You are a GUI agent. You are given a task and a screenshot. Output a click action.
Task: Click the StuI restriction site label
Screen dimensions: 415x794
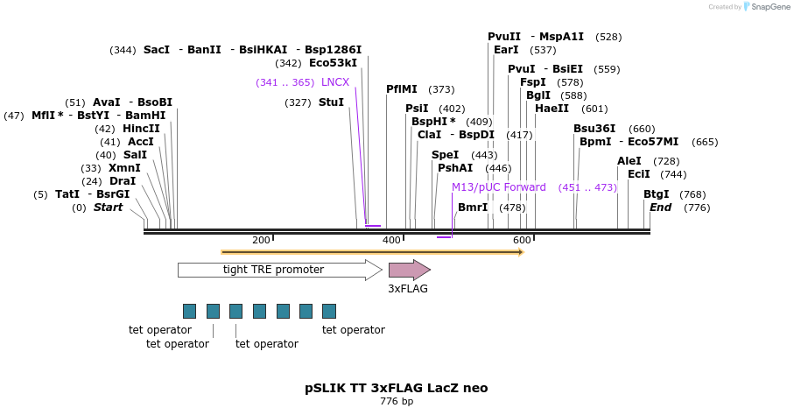click(x=331, y=102)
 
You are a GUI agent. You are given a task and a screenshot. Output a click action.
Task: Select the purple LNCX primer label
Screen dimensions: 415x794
click(x=334, y=82)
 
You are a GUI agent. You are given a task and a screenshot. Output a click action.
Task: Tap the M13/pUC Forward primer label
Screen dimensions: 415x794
click(x=498, y=187)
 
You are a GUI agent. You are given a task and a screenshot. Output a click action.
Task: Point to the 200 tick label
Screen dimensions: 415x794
click(x=261, y=240)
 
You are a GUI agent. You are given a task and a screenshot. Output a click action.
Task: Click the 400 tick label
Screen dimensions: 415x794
click(x=391, y=240)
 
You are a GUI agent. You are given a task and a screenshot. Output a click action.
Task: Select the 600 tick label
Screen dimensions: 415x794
click(x=522, y=240)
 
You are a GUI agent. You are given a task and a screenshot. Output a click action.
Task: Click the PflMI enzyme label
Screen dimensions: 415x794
click(x=402, y=89)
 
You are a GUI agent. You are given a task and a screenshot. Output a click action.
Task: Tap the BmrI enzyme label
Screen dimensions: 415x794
click(x=473, y=207)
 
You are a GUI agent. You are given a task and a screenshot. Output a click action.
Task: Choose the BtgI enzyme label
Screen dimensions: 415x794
click(x=656, y=194)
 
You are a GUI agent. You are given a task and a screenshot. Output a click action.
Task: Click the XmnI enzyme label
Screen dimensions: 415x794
click(x=124, y=168)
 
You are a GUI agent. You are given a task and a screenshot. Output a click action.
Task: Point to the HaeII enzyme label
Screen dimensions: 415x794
click(x=552, y=109)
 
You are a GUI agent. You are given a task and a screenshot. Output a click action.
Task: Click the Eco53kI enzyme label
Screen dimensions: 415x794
click(x=333, y=63)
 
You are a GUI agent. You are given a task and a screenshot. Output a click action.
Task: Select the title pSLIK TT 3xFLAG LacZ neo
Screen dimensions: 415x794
click(x=396, y=388)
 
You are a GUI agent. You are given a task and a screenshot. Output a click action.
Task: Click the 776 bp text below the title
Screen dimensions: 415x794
click(x=396, y=402)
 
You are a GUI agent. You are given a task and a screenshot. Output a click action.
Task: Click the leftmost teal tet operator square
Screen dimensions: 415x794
click(x=189, y=311)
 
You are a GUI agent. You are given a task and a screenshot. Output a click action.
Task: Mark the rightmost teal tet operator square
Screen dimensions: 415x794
click(x=329, y=311)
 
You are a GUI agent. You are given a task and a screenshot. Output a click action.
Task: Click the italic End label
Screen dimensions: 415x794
click(x=660, y=207)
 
